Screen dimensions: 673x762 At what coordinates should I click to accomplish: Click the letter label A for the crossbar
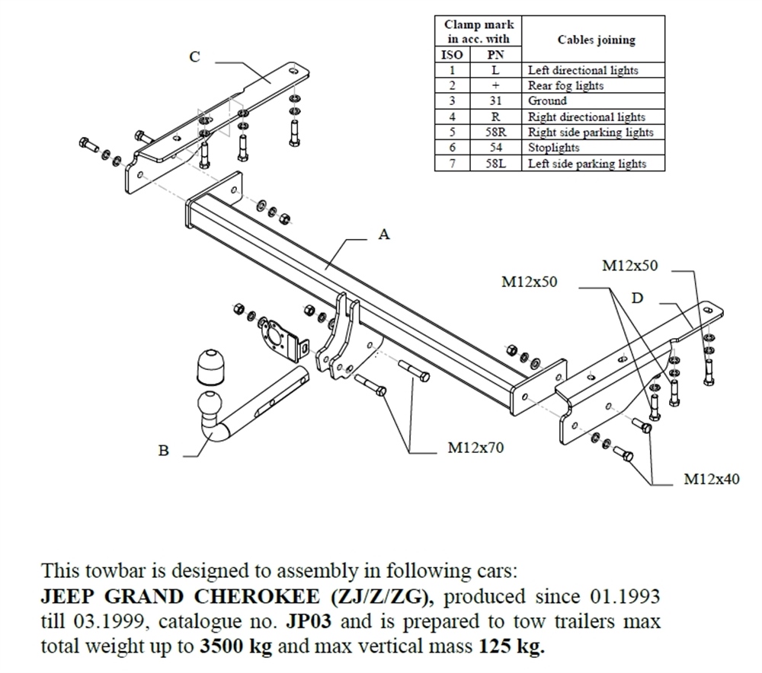click(384, 234)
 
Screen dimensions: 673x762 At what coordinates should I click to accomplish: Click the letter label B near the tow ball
click(163, 451)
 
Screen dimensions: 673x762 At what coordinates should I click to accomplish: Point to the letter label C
click(195, 56)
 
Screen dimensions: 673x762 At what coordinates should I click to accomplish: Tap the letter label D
click(637, 298)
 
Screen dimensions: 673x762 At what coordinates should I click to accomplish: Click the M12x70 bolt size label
click(475, 448)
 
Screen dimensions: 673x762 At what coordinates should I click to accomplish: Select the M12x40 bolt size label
click(711, 479)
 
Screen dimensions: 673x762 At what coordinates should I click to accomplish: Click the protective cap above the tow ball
click(210, 367)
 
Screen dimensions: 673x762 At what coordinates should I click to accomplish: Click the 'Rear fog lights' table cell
click(565, 86)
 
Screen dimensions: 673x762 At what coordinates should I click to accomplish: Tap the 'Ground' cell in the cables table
click(548, 101)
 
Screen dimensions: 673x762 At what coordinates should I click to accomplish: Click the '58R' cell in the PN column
click(495, 132)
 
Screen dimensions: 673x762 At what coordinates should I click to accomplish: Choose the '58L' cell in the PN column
click(495, 164)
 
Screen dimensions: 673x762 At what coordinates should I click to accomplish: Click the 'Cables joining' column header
click(596, 40)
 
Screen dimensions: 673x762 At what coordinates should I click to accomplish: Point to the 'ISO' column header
click(452, 55)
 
